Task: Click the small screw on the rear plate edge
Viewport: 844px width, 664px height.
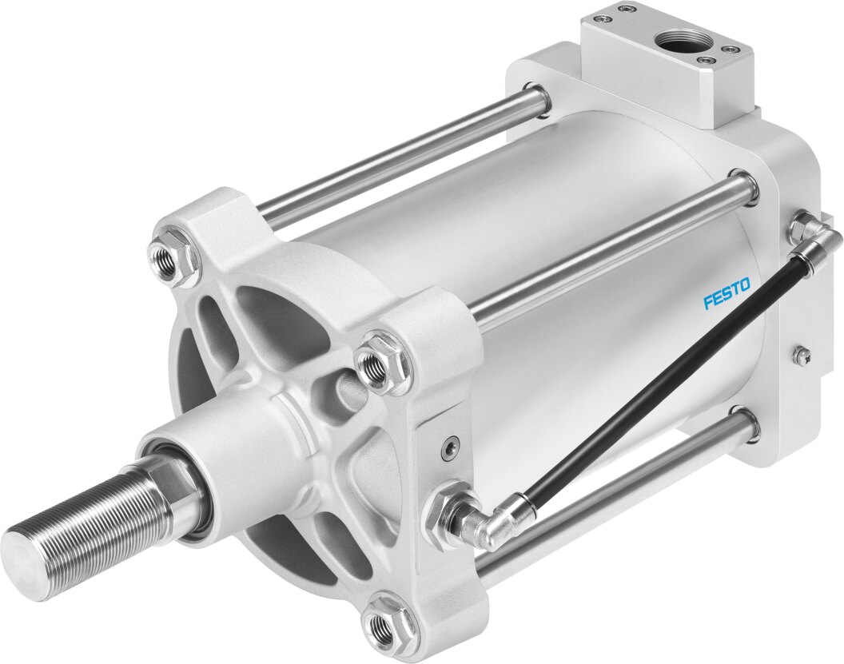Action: click(x=800, y=354)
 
